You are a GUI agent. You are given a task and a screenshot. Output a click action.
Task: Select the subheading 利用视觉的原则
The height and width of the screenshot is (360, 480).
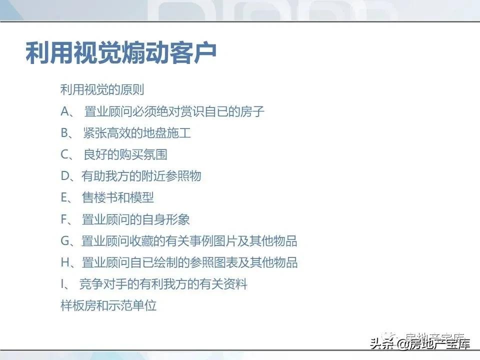102,90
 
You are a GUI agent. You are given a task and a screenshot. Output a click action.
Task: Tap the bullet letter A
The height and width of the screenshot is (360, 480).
65,111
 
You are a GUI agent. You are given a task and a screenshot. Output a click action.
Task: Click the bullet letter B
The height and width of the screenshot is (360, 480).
65,133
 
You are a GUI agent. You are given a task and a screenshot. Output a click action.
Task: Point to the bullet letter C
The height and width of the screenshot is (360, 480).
65,155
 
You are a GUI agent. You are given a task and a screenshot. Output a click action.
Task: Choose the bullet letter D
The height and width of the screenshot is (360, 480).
65,176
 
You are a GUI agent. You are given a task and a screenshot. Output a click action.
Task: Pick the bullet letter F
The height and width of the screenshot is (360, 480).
64,219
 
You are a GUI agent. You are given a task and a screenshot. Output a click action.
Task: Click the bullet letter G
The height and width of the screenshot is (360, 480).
65,241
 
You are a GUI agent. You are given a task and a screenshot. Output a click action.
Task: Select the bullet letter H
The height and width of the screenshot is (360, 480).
65,262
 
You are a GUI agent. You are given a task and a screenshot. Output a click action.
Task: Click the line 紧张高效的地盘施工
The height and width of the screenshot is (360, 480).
137,133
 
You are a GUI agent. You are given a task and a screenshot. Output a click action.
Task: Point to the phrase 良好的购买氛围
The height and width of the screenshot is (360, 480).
125,155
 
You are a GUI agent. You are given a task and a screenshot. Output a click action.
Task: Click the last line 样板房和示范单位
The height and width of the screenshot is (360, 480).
108,305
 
